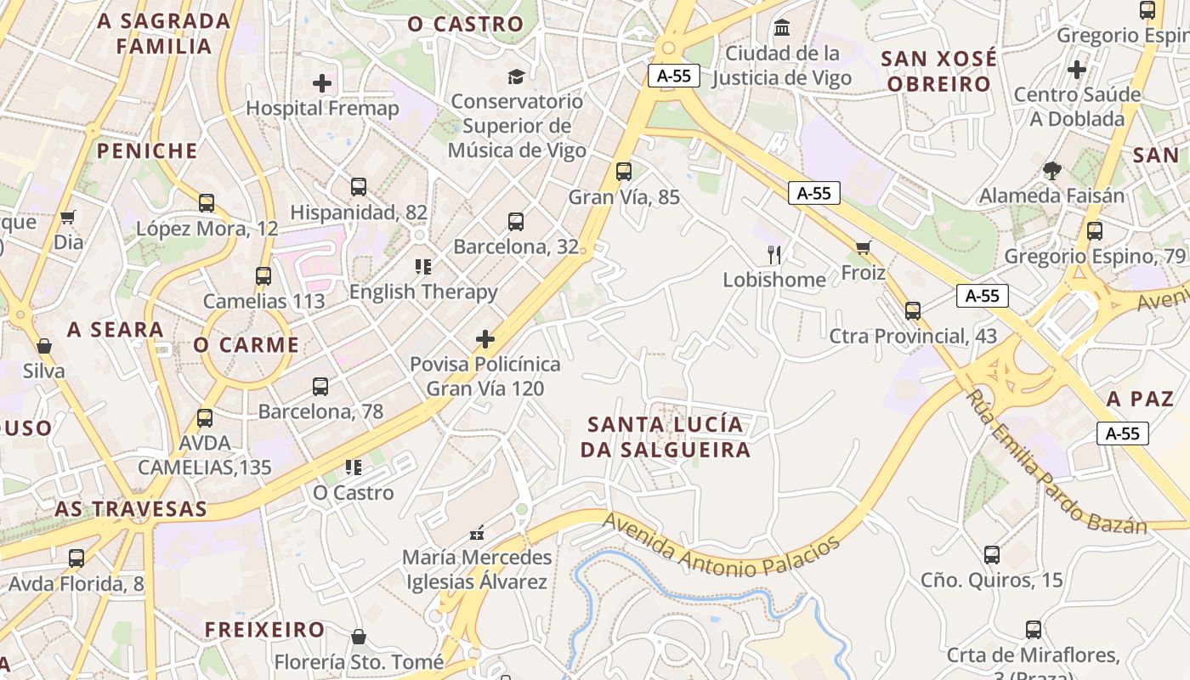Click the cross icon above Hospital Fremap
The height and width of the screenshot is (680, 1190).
(322, 83)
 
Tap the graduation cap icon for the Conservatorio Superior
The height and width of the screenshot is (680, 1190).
(516, 77)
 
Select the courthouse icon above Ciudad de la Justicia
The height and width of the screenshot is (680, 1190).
(782, 28)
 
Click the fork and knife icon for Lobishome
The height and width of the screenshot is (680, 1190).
(774, 254)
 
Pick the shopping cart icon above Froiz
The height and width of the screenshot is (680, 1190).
(864, 248)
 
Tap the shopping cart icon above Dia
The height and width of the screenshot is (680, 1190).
(68, 218)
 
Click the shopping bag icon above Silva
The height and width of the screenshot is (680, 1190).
(44, 346)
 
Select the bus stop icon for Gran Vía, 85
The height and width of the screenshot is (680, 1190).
(624, 172)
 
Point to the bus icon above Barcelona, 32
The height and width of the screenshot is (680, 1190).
(516, 222)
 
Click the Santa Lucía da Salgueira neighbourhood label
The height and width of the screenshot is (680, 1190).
(666, 437)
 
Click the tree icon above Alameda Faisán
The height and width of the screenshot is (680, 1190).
(1052, 171)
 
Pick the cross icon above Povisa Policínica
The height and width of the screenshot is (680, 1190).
(484, 339)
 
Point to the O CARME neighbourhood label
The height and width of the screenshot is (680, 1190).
(246, 345)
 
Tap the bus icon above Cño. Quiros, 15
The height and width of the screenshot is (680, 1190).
(992, 555)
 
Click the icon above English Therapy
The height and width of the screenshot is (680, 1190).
(423, 267)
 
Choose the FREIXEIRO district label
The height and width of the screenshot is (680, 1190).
(264, 630)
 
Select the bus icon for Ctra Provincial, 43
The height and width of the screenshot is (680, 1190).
(913, 311)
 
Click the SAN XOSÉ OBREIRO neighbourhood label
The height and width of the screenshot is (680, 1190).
(938, 71)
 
